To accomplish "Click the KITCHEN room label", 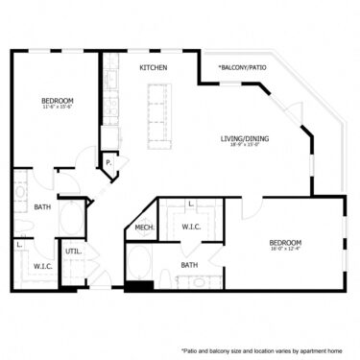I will tap(154, 68).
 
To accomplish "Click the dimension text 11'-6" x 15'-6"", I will tap(57, 108).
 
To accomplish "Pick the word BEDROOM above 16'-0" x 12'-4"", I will tap(286, 242).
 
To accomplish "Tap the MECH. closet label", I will tap(145, 228).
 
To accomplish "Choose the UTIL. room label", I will tap(72, 252).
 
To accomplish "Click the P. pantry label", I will tap(109, 163).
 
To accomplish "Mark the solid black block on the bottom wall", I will tap(139, 285).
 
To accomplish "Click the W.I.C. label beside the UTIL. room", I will tap(42, 266).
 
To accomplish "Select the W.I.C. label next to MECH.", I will tap(190, 227).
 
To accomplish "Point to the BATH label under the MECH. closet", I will tap(189, 265).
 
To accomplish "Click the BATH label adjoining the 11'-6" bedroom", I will tap(42, 206).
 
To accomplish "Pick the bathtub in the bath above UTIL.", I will tap(71, 216).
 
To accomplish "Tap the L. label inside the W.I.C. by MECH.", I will tap(191, 204).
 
